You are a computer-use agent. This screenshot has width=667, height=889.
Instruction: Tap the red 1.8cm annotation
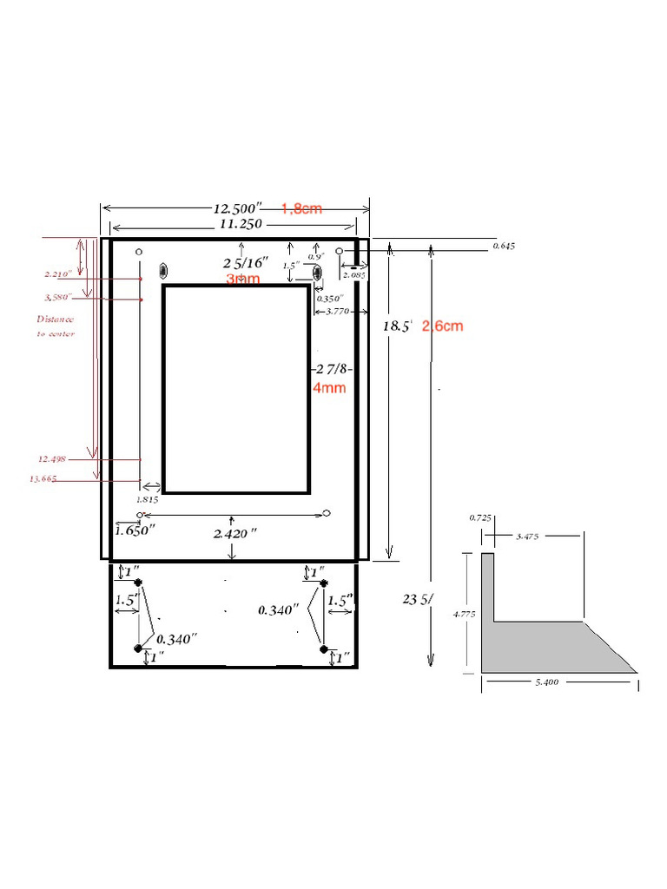tap(302, 208)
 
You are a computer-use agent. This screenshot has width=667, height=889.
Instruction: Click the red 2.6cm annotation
tap(443, 326)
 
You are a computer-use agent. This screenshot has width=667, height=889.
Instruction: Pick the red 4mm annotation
tap(329, 388)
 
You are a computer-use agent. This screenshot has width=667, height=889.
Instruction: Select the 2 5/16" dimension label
tap(245, 261)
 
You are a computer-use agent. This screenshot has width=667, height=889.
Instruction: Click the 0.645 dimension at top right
tap(504, 247)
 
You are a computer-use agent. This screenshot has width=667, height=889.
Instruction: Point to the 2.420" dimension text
tap(234, 534)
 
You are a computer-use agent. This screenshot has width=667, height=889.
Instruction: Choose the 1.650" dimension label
tap(135, 529)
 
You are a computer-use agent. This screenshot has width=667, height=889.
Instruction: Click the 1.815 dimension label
tap(148, 500)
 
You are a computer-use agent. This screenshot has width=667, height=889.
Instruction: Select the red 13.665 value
tap(43, 479)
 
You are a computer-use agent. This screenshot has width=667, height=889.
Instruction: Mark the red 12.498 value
tap(51, 458)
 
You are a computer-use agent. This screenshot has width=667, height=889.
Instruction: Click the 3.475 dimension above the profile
tap(527, 537)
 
